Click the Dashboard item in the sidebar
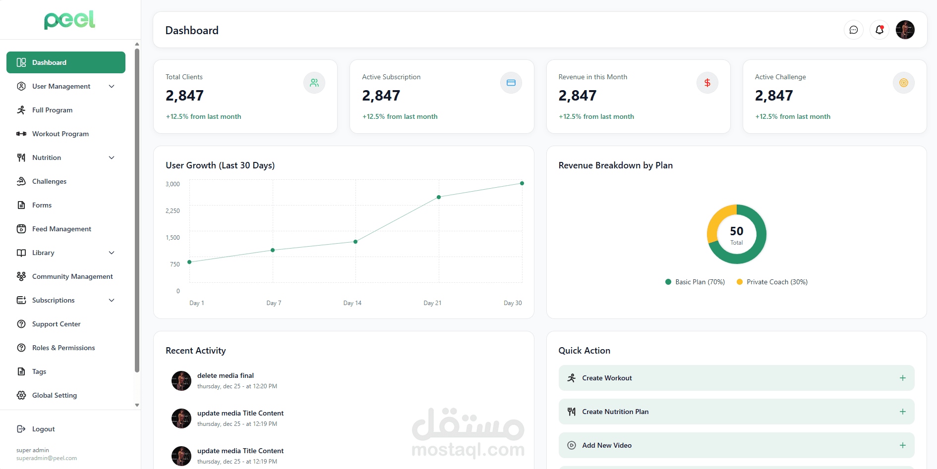point(65,62)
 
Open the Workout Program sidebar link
point(60,134)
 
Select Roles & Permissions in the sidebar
point(63,348)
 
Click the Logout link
point(43,429)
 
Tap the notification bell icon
point(879,30)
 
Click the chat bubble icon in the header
point(854,30)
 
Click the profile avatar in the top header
point(905,30)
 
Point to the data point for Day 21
point(439,197)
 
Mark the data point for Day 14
point(355,242)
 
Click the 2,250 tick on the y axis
point(173,211)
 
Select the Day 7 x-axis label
point(274,303)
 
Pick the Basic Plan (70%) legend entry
point(695,282)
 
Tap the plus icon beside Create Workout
point(903,378)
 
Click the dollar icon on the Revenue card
point(707,83)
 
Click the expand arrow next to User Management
point(112,86)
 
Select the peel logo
point(69,20)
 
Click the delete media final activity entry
point(226,376)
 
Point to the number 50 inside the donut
point(737,231)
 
